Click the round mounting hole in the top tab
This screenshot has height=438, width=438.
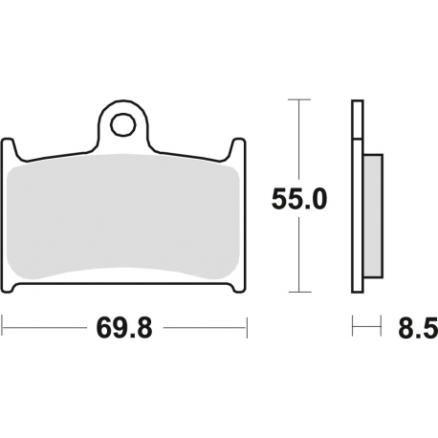point(122,124)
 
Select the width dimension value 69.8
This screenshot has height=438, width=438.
point(124,329)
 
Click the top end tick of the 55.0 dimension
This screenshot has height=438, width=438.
point(301,100)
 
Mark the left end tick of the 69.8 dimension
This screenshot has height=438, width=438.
point(3,329)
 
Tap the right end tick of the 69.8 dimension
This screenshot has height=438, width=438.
point(247,329)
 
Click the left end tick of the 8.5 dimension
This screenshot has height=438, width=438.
point(352,329)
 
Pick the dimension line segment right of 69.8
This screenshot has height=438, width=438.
point(206,329)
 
